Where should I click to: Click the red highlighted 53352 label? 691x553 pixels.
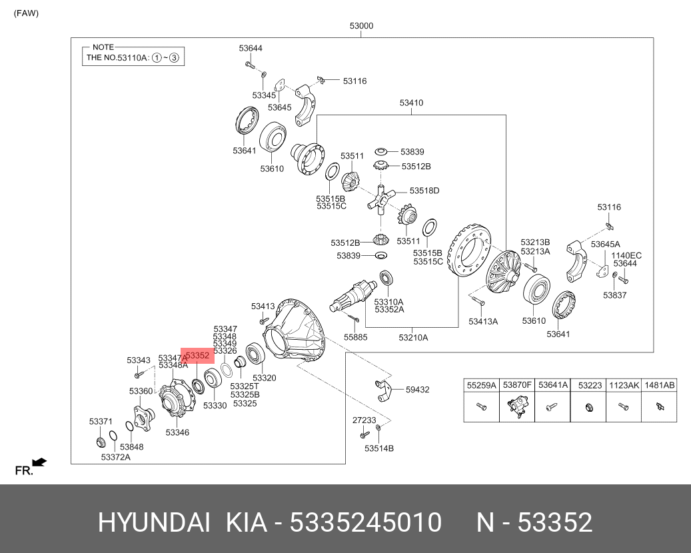[x=197, y=356]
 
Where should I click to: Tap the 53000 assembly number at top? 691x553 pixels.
[x=361, y=27]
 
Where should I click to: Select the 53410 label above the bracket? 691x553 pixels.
[x=411, y=103]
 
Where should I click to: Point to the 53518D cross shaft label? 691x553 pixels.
[x=424, y=191]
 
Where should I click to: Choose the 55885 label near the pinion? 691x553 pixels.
[x=355, y=337]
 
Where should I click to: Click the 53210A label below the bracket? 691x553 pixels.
[x=413, y=338]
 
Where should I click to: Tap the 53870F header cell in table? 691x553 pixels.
[x=516, y=385]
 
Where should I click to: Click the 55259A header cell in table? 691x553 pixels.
[x=481, y=385]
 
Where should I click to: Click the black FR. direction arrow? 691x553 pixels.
[x=39, y=461]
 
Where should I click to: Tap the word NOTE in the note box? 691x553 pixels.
[x=103, y=47]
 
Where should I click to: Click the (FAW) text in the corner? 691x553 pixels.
[x=26, y=13]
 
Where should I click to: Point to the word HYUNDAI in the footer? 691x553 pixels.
[x=155, y=523]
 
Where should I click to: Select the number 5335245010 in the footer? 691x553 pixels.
[x=364, y=523]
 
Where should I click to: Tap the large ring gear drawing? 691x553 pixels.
[x=472, y=253]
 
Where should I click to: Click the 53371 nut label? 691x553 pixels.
[x=101, y=422]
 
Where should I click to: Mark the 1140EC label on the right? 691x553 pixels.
[x=626, y=255]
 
